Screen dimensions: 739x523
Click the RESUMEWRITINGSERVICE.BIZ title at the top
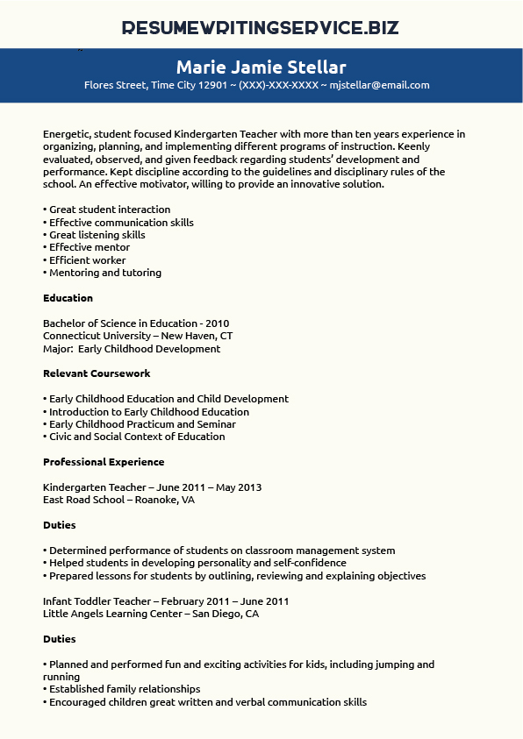261,27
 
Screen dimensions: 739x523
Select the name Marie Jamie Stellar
261,68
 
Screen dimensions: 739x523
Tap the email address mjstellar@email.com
380,86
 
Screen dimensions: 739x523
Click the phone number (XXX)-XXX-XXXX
279,86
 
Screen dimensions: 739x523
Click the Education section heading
68,298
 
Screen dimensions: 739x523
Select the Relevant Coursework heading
97,373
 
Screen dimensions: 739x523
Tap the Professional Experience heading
104,462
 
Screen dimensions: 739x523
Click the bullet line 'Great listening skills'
97,235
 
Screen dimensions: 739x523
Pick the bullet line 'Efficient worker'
87,260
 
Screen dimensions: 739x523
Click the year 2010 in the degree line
217,323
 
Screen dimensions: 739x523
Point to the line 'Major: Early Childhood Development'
132,349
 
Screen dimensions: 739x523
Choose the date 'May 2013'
238,487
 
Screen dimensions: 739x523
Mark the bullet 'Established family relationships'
124,689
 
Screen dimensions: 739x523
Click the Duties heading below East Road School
59,525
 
